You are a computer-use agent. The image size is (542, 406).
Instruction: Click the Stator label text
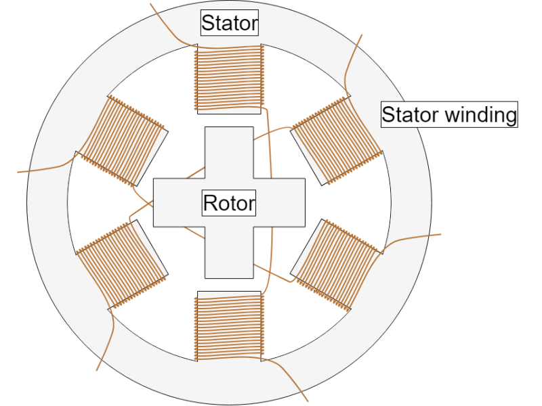(230, 24)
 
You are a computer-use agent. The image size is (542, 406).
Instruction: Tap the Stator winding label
(449, 114)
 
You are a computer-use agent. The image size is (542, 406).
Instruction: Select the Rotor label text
(229, 202)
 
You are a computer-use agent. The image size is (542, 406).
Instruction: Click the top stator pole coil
(229, 77)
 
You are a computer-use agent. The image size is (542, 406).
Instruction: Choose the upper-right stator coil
(333, 141)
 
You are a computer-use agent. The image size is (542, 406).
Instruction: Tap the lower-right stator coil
(335, 264)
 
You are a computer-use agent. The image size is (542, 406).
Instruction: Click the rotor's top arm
(229, 152)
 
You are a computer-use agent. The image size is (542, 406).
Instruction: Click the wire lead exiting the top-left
(167, 24)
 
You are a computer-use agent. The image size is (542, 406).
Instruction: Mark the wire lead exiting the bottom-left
(103, 359)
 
